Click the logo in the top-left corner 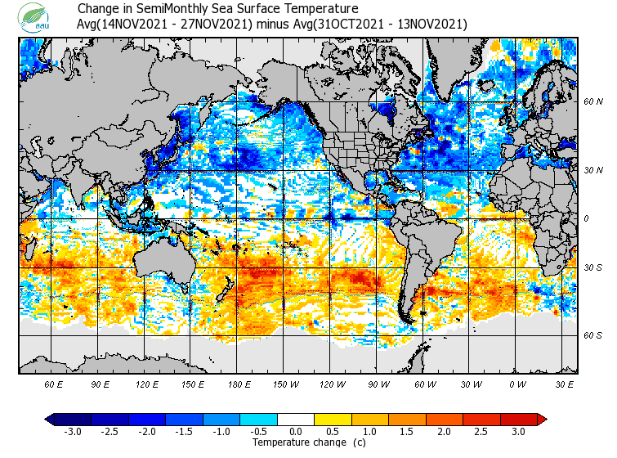[x=38, y=16]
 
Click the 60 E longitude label [x=55, y=383]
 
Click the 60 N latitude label [x=593, y=101]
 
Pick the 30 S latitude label [x=593, y=268]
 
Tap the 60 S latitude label [x=593, y=335]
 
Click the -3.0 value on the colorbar [x=73, y=432]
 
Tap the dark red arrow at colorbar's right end [x=542, y=420]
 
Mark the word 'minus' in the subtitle [x=270, y=24]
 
